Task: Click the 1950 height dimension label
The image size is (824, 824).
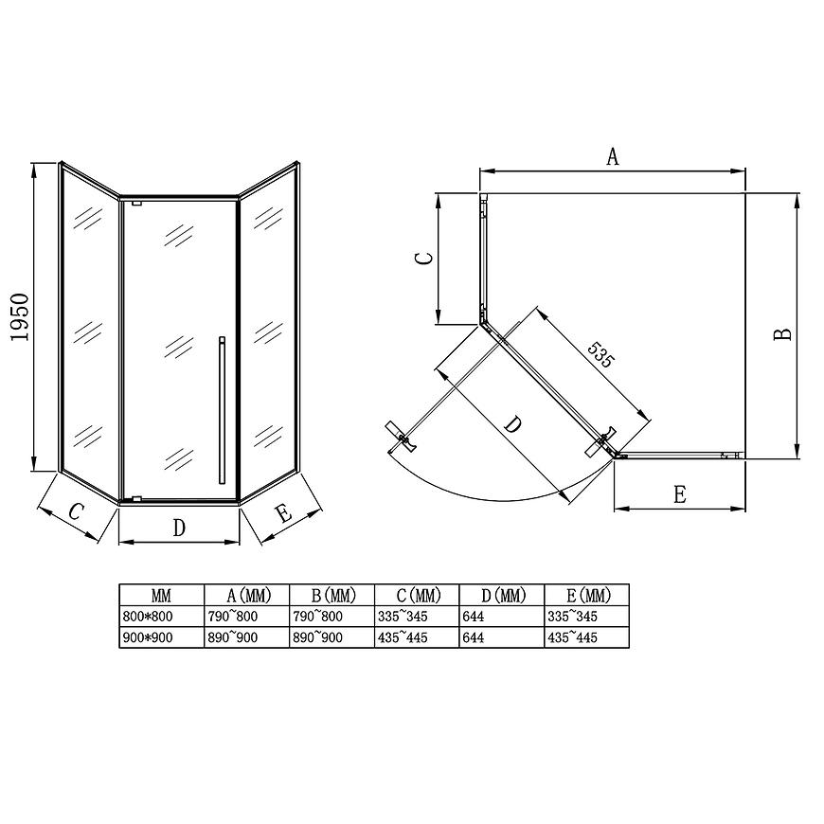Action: coord(20,317)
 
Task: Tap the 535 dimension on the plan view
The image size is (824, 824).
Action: coord(600,355)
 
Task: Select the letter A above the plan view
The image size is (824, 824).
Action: coord(613,156)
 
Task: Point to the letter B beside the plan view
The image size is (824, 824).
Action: coord(783,334)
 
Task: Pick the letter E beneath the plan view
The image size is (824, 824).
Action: coord(679,494)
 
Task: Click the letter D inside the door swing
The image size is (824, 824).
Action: coord(513,424)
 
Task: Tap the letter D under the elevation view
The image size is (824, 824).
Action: coord(179,528)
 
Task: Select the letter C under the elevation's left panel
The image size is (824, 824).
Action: coord(76,511)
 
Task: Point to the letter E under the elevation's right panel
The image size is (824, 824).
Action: coord(284,513)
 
